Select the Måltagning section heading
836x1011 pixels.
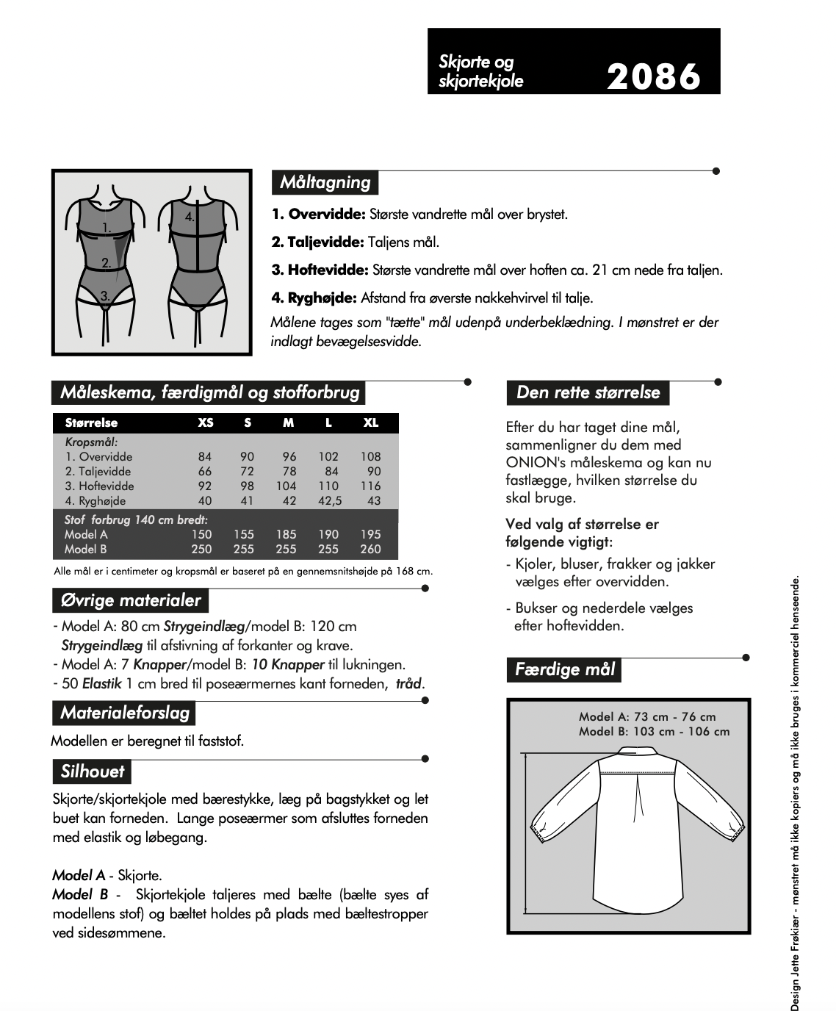click(x=325, y=182)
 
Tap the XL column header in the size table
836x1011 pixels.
click(x=371, y=423)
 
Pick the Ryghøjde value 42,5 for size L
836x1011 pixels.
click(x=328, y=501)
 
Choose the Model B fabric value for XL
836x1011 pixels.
click(x=371, y=550)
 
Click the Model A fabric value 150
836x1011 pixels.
click(x=201, y=535)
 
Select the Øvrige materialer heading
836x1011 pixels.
click(x=130, y=600)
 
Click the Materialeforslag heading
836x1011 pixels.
click(x=124, y=713)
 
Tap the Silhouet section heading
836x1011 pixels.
click(x=93, y=771)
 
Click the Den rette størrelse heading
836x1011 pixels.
click(x=588, y=392)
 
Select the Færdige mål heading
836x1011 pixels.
click(x=564, y=669)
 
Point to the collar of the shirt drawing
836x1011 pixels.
click(x=638, y=752)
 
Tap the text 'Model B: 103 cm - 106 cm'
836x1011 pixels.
click(x=654, y=732)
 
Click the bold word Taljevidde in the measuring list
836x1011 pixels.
click(x=318, y=242)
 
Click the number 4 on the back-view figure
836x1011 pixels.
click(x=190, y=217)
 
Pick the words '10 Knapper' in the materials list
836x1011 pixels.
click(x=288, y=665)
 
